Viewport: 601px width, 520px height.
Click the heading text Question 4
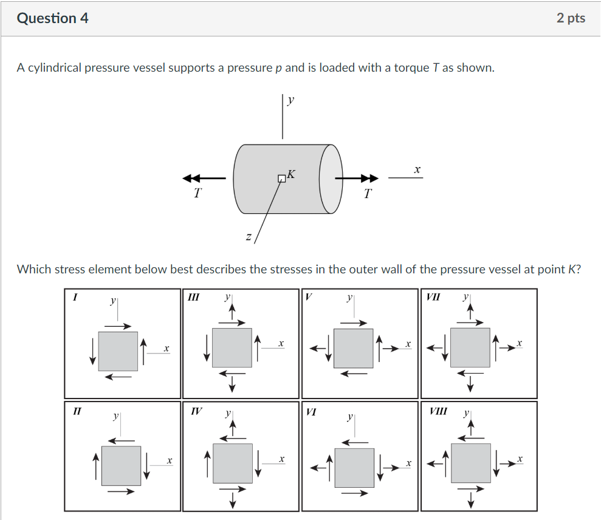[53, 18]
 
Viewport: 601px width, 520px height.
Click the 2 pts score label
[571, 18]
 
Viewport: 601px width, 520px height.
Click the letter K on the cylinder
[291, 174]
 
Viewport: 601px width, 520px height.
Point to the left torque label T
[197, 194]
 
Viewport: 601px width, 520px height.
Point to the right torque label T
[367, 194]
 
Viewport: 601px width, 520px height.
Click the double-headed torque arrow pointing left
[204, 179]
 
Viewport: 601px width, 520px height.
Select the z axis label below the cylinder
[248, 236]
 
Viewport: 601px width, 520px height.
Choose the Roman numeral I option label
[75, 298]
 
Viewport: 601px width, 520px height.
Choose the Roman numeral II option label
[77, 411]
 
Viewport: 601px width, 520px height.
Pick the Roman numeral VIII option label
[438, 411]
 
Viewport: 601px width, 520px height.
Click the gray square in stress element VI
[354, 467]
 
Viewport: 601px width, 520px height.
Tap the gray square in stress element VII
[470, 347]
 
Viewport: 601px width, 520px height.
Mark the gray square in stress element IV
[233, 463]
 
